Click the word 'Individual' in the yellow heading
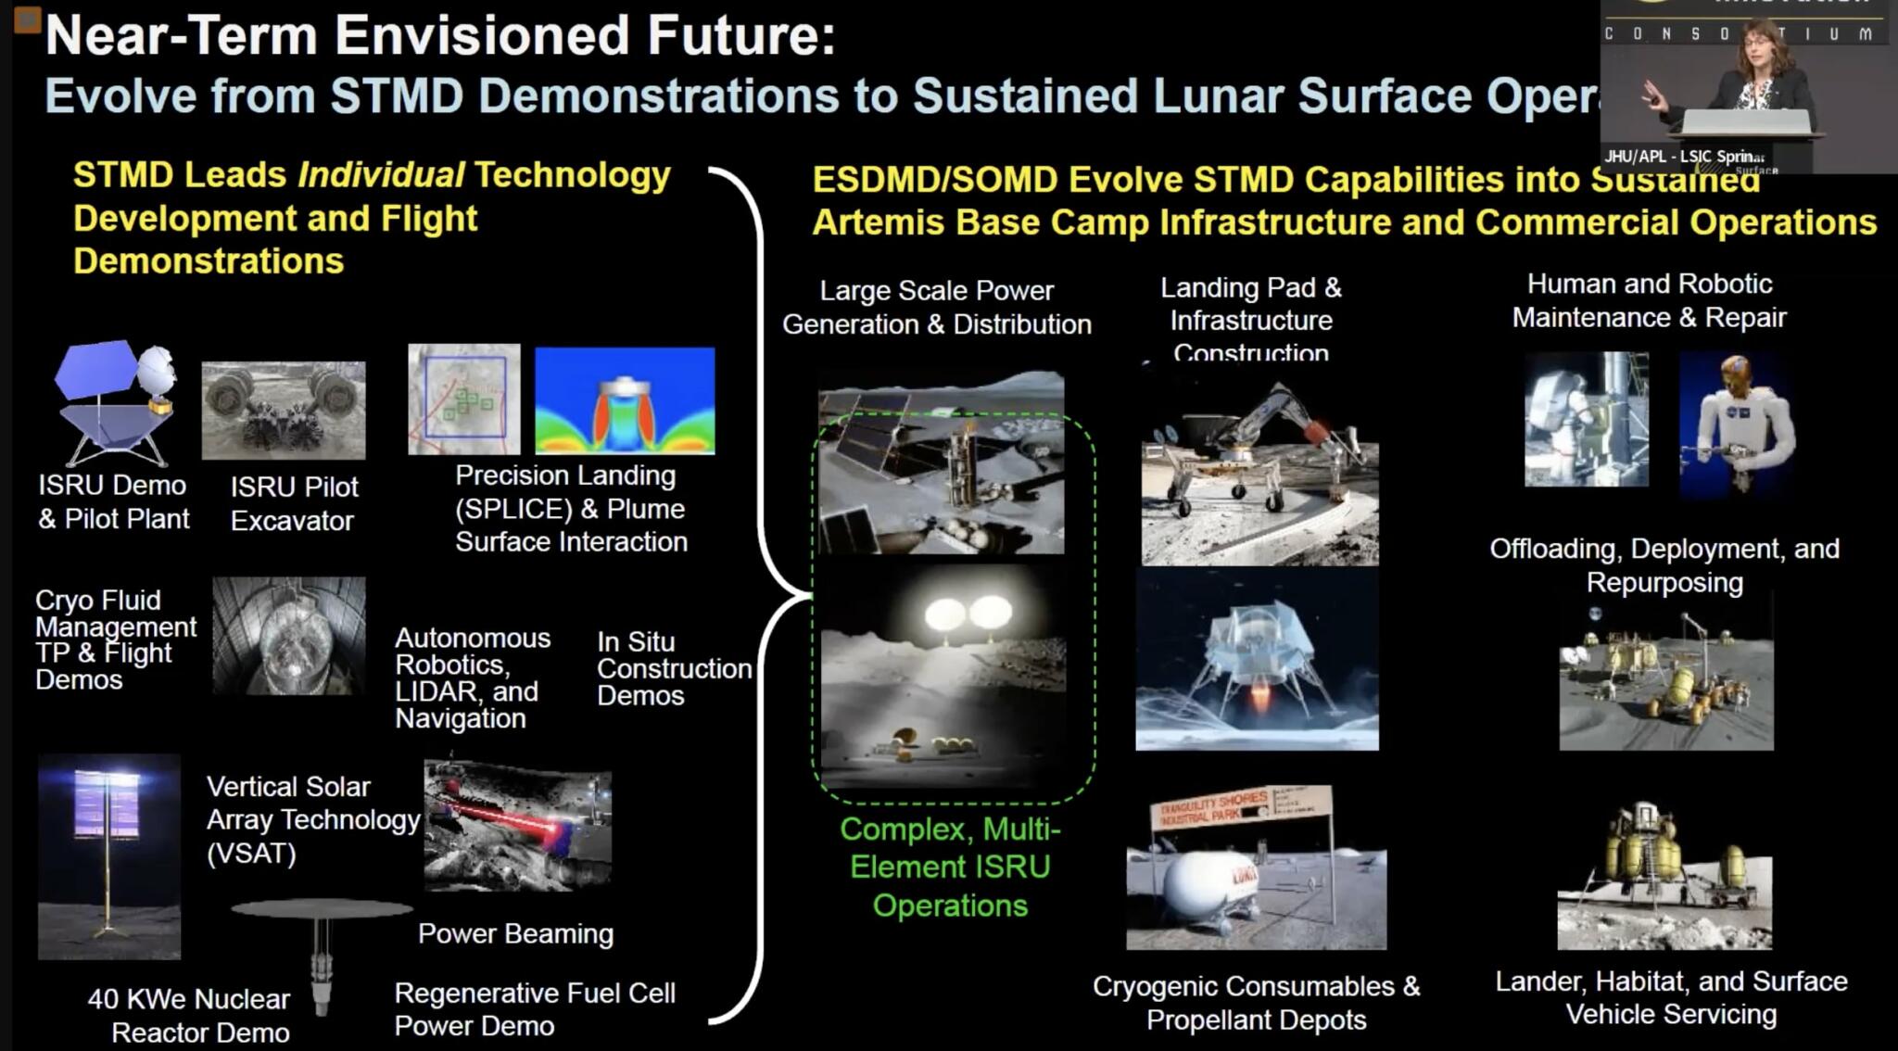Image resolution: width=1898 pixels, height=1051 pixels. click(381, 174)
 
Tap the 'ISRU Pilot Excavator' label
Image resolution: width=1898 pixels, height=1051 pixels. click(293, 503)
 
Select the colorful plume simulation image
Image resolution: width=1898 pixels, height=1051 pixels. click(625, 400)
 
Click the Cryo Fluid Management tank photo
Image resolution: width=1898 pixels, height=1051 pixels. click(289, 636)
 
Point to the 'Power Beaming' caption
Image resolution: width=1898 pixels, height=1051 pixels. click(515, 933)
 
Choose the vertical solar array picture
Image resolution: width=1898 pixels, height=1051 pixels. click(109, 855)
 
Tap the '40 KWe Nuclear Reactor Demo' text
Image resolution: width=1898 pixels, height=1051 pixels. click(190, 1015)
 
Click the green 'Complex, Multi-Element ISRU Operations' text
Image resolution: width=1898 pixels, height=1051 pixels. click(950, 867)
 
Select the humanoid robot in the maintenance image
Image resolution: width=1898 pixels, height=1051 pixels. click(1736, 422)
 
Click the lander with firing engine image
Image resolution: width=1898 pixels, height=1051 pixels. click(1257, 660)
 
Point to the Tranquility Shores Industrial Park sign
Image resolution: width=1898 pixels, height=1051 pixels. click(1240, 808)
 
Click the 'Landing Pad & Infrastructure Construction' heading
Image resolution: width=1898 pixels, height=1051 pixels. click(1250, 320)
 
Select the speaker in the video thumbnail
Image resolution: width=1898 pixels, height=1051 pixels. click(1754, 79)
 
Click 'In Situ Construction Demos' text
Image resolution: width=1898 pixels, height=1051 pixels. click(673, 668)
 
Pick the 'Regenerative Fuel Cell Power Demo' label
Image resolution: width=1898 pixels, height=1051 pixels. click(534, 1009)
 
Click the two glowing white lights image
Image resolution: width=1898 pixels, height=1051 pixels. click(967, 613)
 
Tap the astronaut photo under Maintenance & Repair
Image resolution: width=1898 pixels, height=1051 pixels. click(1586, 419)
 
